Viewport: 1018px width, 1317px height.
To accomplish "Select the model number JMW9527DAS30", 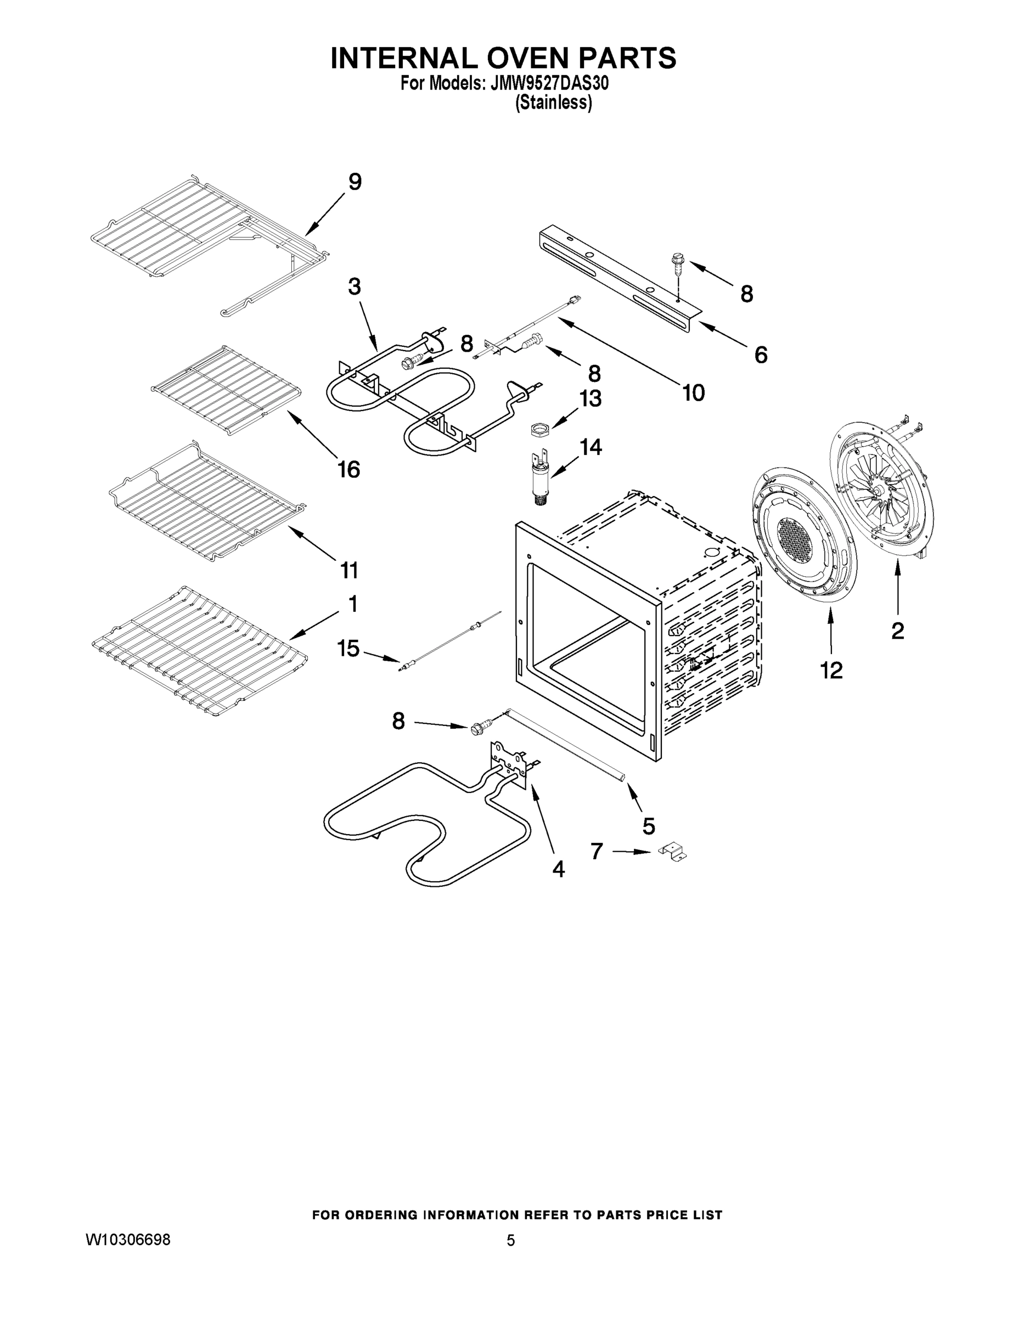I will [x=549, y=84].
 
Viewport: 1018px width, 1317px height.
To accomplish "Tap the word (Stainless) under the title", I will [x=553, y=103].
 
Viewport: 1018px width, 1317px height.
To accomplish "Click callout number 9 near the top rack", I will [x=355, y=182].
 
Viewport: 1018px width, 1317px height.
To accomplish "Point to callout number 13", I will [x=590, y=398].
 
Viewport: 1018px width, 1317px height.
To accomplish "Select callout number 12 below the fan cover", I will [x=831, y=670].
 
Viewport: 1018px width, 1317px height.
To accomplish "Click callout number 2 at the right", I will [x=897, y=631].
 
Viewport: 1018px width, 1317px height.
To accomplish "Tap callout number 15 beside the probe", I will [x=348, y=649].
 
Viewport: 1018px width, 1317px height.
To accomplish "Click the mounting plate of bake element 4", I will [x=508, y=762].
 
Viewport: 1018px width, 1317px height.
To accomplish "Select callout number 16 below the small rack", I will [x=348, y=469].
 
